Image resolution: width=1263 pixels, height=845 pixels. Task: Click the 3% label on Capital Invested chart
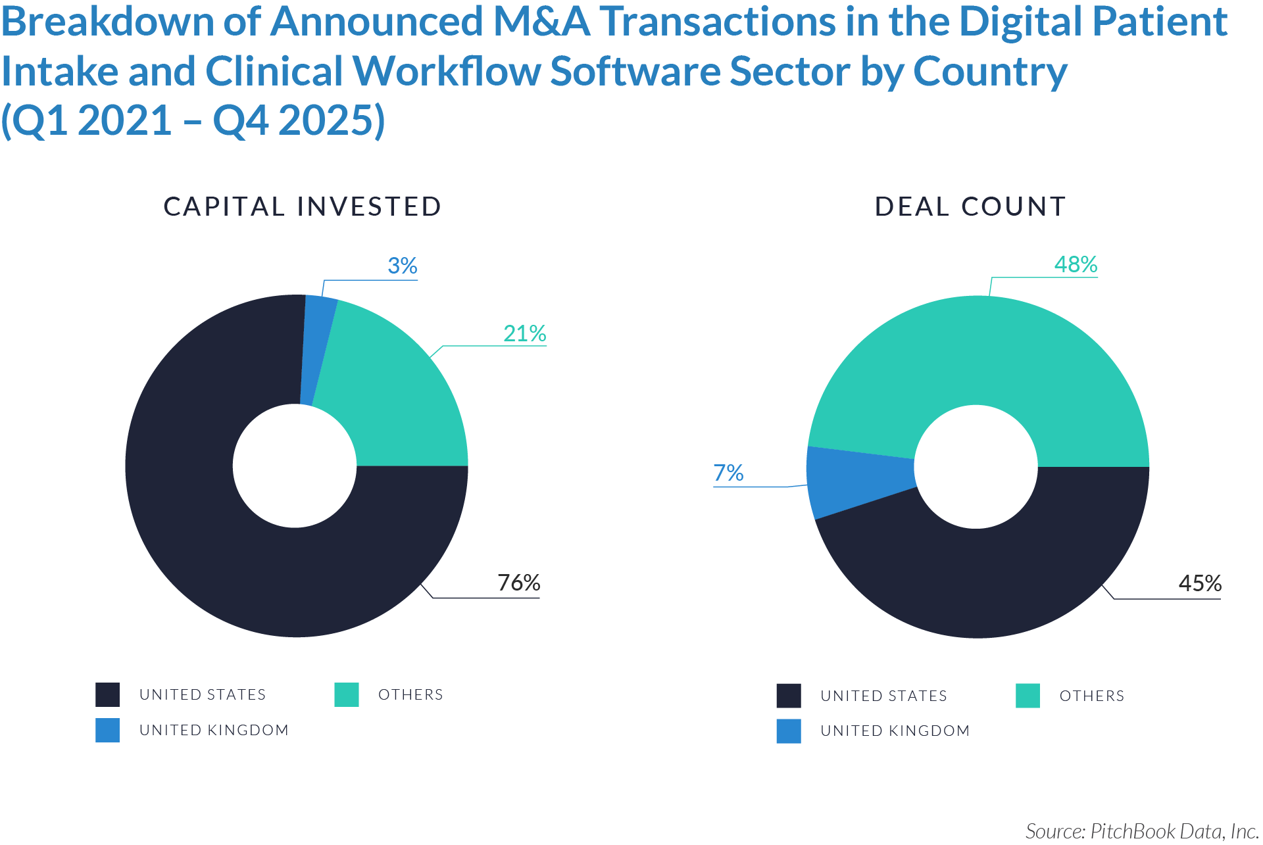coord(402,266)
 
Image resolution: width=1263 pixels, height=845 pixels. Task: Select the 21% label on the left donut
coord(524,333)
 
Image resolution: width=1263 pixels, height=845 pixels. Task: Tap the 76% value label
coord(518,583)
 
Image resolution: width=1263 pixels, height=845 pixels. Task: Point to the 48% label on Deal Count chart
coord(1076,264)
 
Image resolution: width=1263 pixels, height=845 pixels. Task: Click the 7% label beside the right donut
coord(728,473)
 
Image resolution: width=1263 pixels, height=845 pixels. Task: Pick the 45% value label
coord(1200,583)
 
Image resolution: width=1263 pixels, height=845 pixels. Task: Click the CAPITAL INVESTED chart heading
coord(302,206)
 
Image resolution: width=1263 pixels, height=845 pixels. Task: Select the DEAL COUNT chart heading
coord(970,206)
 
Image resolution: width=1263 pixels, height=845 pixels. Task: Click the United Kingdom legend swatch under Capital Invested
coord(107,730)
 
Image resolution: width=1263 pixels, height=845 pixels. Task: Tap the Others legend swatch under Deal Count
coord(1028,696)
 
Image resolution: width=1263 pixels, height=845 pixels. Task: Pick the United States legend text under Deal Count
coord(883,696)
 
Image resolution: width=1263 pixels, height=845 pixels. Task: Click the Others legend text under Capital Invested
coord(410,694)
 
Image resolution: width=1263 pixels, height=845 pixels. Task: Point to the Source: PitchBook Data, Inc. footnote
coord(1142,831)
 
